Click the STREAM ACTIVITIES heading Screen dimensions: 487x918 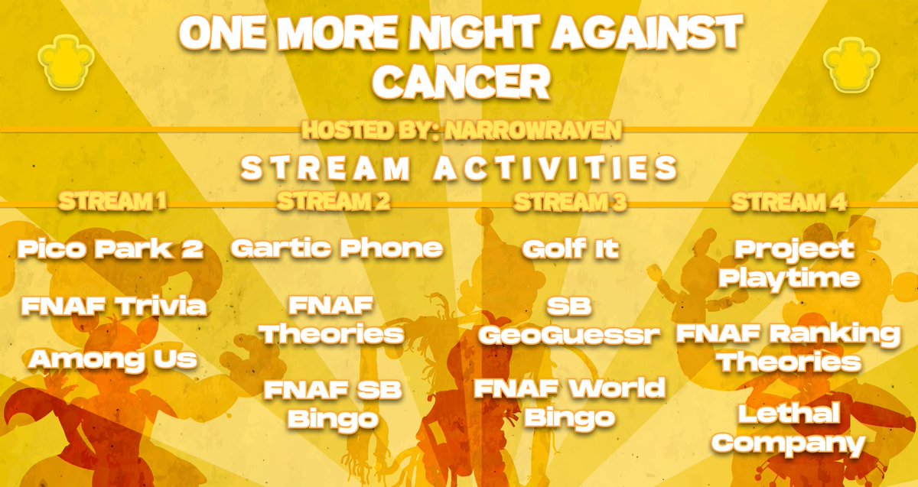[x=459, y=168]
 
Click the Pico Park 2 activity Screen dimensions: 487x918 [x=112, y=249]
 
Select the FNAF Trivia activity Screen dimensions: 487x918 [x=114, y=307]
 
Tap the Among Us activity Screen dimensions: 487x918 [x=112, y=359]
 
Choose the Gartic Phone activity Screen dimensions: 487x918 [x=337, y=248]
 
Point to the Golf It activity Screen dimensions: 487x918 [x=570, y=248]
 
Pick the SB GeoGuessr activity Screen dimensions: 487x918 [x=569, y=321]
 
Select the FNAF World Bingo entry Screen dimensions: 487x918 [x=569, y=402]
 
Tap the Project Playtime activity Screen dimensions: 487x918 [x=789, y=264]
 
